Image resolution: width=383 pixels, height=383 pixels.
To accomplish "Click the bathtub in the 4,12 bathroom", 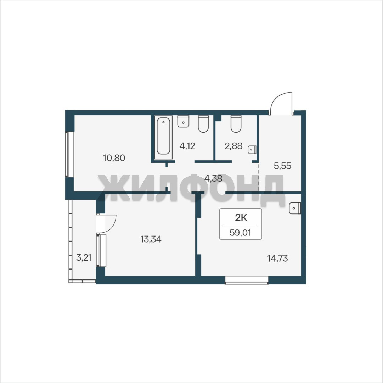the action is point(163,137).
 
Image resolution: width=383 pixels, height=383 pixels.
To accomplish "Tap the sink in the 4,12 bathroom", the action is point(183,121).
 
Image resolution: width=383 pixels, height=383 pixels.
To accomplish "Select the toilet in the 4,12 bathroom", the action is point(203,124).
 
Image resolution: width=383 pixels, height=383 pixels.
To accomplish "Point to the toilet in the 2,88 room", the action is point(236,124).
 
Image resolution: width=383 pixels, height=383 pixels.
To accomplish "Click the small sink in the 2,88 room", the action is point(252,150).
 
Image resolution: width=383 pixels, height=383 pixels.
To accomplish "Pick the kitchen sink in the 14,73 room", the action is point(295,208).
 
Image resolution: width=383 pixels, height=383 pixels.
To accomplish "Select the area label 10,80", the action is point(114,158).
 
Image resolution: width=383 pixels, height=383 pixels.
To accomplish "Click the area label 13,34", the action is point(151,239).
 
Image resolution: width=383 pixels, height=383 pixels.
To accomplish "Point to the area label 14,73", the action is point(277,259).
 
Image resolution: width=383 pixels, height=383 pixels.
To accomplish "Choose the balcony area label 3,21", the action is point(84,257).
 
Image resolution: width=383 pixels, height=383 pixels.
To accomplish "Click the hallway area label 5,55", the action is point(282,166).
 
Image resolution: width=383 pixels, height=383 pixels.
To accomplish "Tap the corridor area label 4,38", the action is point(213,178).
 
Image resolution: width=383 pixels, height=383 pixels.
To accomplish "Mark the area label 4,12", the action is point(187,146).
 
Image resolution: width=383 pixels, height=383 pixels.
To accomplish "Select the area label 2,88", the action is point(233,146).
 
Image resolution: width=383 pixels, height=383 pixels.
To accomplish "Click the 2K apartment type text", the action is point(241,217).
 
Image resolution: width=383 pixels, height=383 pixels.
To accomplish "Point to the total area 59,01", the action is point(240,232).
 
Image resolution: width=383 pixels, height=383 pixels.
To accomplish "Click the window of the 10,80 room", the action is point(69,154).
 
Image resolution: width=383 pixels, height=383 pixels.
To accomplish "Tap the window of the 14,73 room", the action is point(247,280).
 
